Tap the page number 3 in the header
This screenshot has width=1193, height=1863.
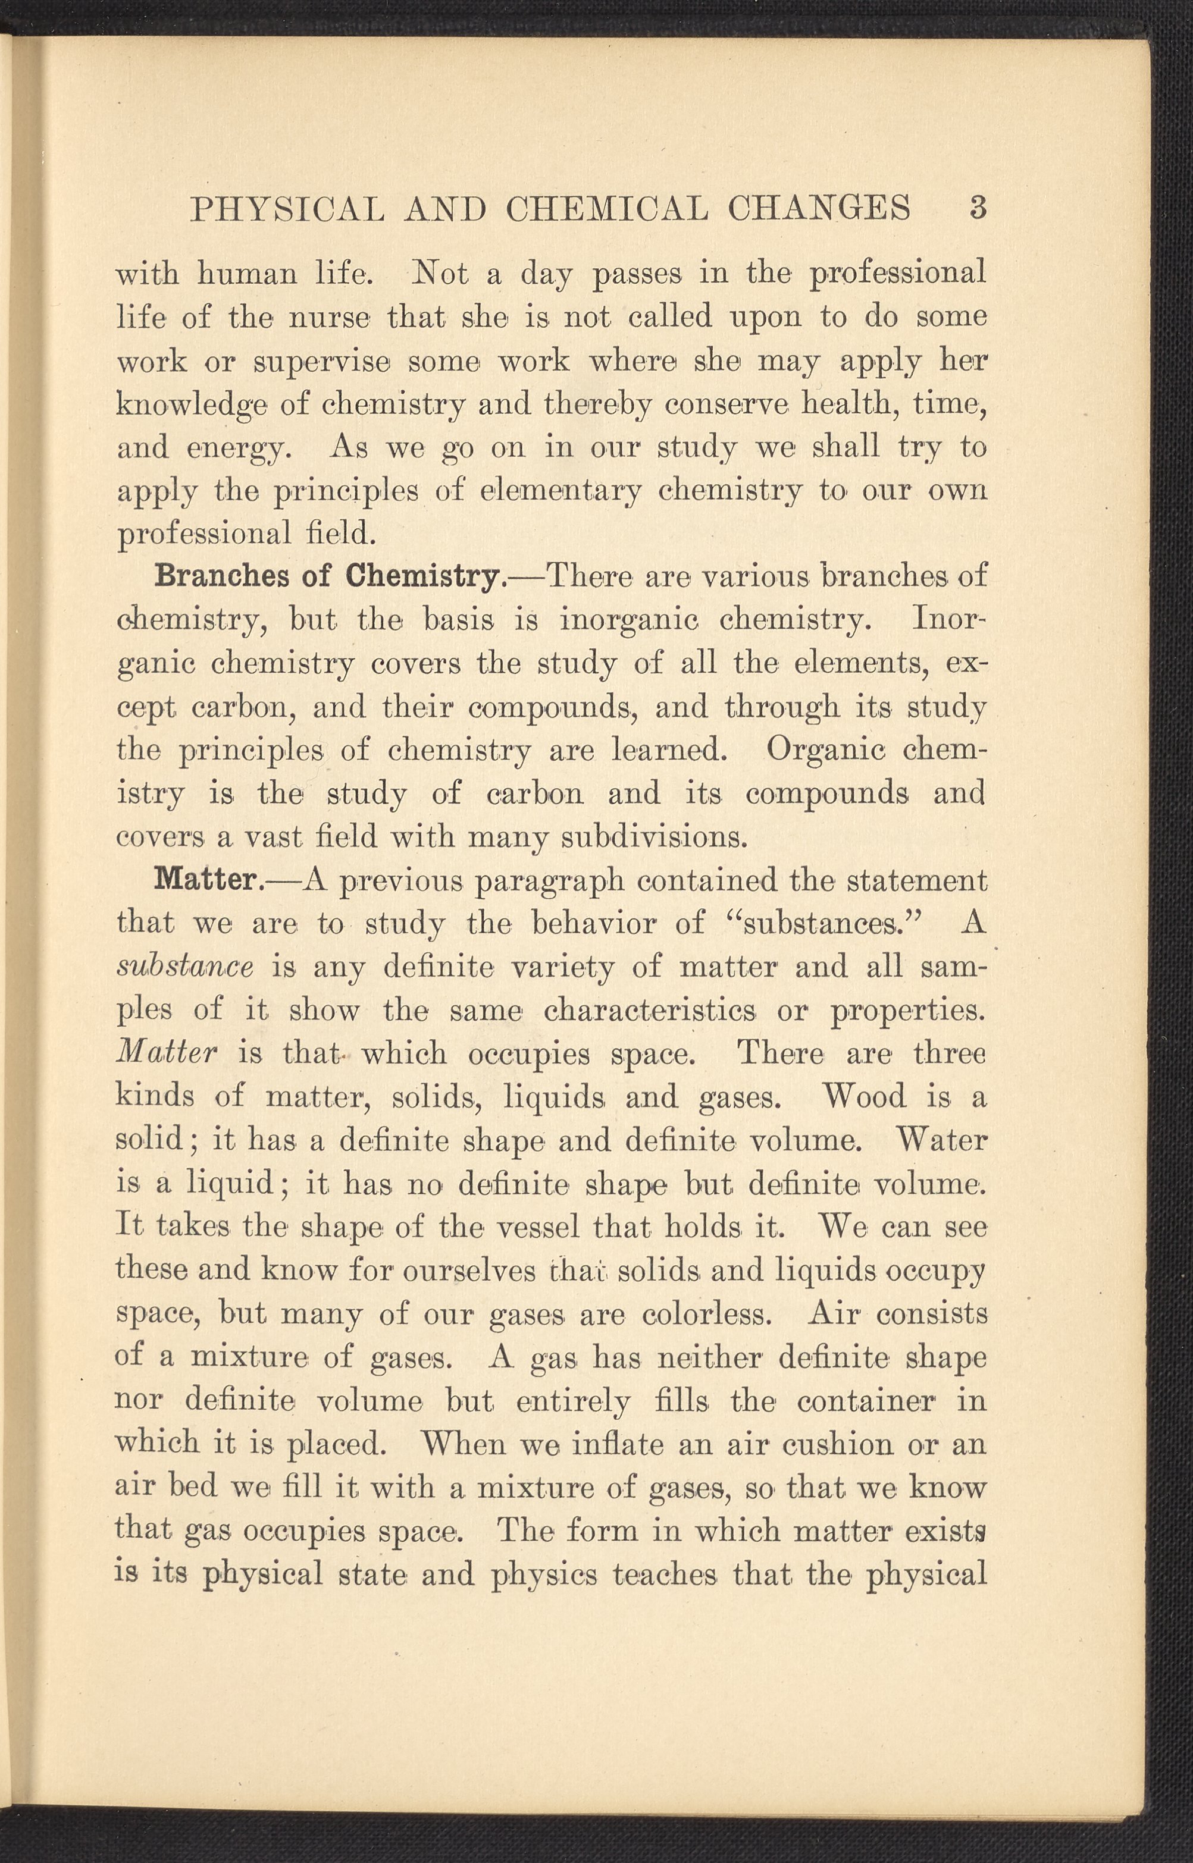click(x=978, y=208)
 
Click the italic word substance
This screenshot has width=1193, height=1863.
click(x=184, y=967)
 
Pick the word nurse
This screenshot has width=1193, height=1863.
click(x=331, y=318)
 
